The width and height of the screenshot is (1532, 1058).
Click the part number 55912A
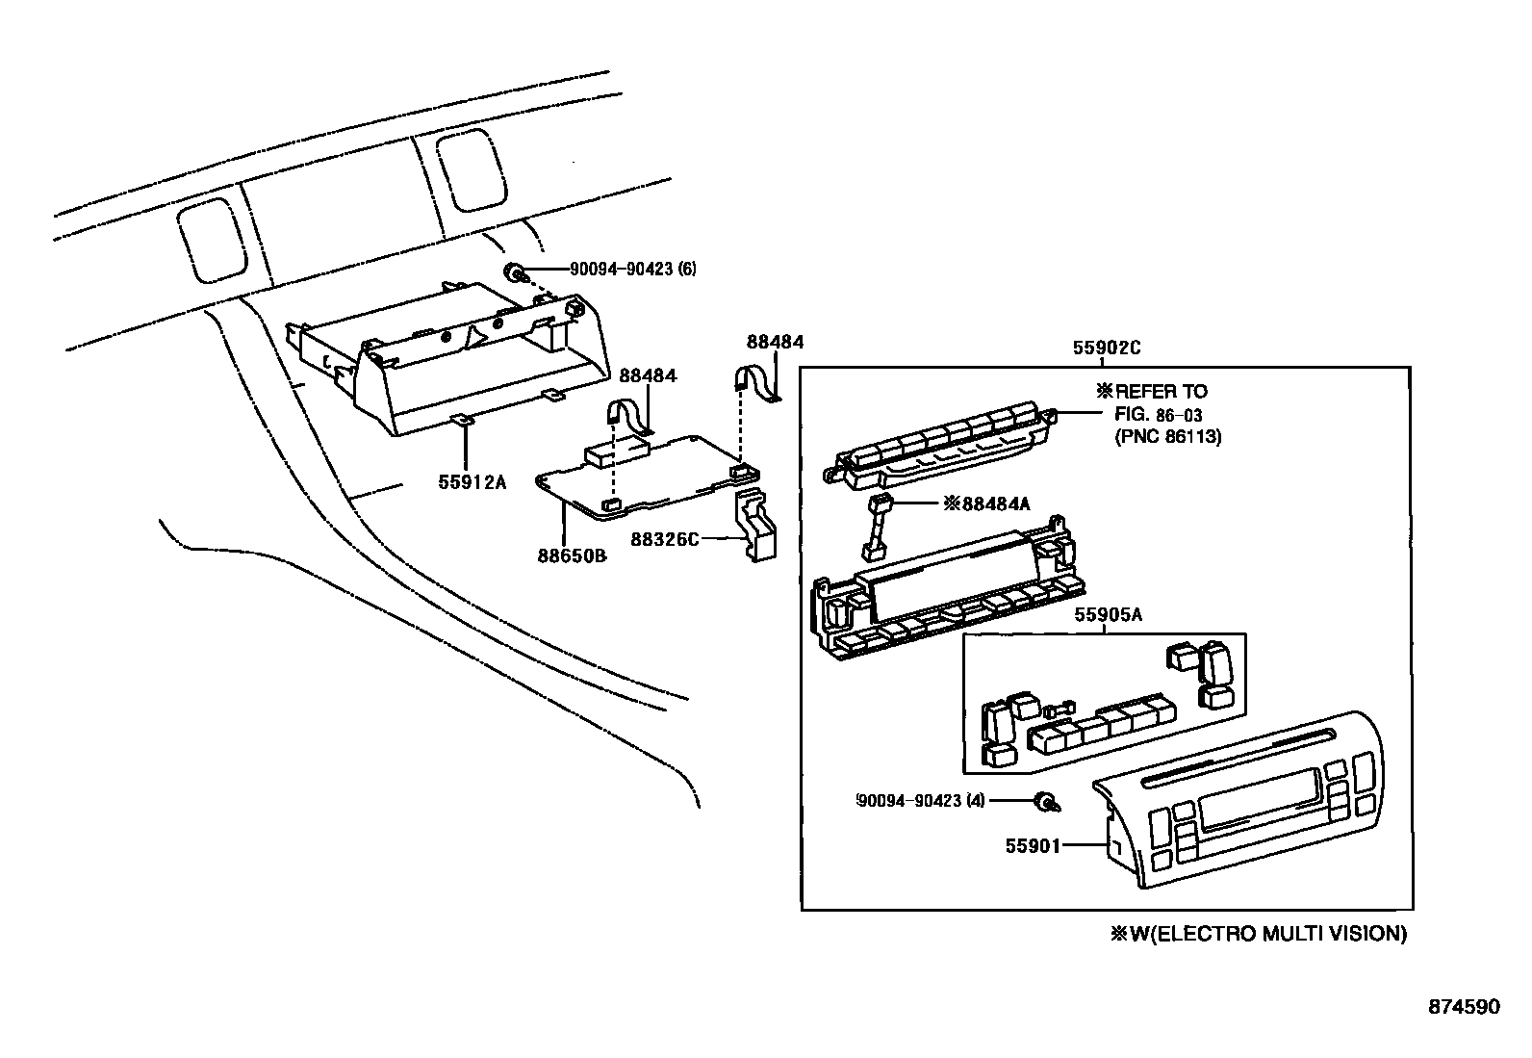pyautogui.click(x=472, y=482)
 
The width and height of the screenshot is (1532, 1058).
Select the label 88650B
pyautogui.click(x=571, y=555)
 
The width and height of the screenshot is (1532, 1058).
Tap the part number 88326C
pyautogui.click(x=665, y=539)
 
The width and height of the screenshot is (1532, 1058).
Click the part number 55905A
pyautogui.click(x=1108, y=615)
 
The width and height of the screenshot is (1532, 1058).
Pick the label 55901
pyautogui.click(x=1032, y=845)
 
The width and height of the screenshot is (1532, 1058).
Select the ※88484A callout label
pyautogui.click(x=986, y=503)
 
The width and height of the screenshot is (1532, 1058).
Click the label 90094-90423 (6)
pyautogui.click(x=633, y=269)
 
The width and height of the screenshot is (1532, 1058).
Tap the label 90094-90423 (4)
pyautogui.click(x=920, y=799)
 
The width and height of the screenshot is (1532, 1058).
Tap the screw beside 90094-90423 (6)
pyautogui.click(x=518, y=272)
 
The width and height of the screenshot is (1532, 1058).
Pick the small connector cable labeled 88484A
pyautogui.click(x=876, y=525)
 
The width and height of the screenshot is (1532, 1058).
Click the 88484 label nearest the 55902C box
pyautogui.click(x=775, y=342)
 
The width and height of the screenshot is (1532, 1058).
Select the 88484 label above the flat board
pyautogui.click(x=648, y=374)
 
